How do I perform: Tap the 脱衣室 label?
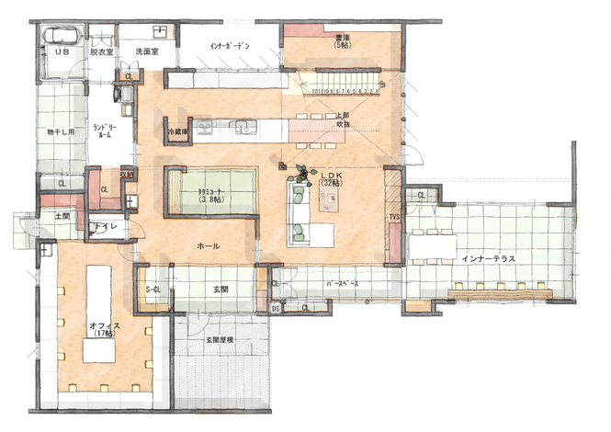(x=102, y=52)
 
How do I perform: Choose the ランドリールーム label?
(x=101, y=130)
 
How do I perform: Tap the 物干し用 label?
(x=60, y=132)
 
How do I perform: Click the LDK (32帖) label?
(x=331, y=178)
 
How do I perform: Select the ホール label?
(x=208, y=246)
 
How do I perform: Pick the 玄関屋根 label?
(x=218, y=343)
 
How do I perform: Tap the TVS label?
(x=393, y=218)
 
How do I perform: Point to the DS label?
(x=275, y=308)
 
